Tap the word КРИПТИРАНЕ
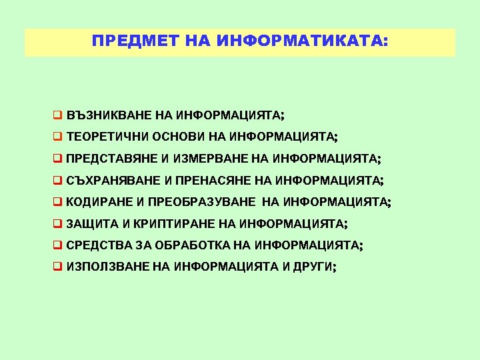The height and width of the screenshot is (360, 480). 163,223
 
